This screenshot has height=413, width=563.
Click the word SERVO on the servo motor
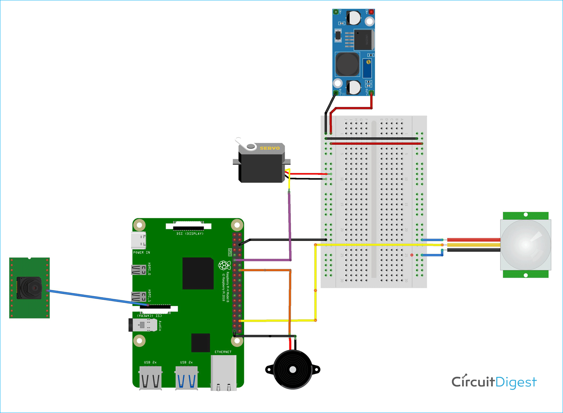[270, 148]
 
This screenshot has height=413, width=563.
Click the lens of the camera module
[34, 288]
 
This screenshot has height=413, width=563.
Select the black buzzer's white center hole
[292, 369]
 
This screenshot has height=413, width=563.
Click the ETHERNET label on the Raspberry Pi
[223, 352]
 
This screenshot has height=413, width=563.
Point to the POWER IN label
[141, 252]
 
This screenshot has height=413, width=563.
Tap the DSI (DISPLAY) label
[190, 233]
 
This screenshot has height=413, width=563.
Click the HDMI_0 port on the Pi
[138, 270]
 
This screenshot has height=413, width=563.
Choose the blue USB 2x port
[186, 378]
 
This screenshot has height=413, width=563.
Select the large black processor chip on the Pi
[198, 273]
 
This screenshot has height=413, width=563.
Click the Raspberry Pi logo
[224, 265]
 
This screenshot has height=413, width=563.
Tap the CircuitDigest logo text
[494, 382]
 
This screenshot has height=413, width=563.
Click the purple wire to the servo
[290, 225]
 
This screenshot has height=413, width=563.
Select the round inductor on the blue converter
[347, 64]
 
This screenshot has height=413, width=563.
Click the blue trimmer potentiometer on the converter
[367, 68]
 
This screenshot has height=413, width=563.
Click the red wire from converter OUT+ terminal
[352, 108]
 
